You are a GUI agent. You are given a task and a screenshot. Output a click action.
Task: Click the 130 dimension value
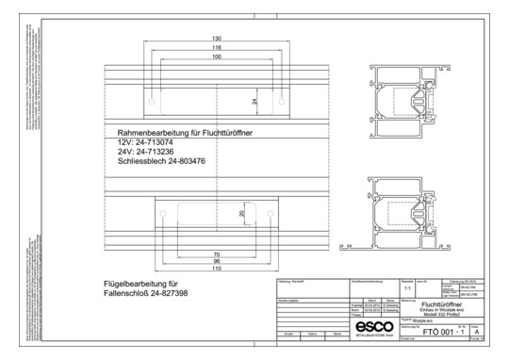click(x=217, y=39)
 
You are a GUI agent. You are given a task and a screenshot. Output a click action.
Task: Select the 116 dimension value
click(x=217, y=47)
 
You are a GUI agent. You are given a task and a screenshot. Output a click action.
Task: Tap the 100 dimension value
click(x=217, y=57)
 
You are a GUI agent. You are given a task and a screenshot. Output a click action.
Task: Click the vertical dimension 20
click(x=241, y=215)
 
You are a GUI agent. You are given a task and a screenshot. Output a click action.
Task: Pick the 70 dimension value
click(x=216, y=254)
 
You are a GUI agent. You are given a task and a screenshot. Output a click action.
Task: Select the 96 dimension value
click(x=216, y=263)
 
